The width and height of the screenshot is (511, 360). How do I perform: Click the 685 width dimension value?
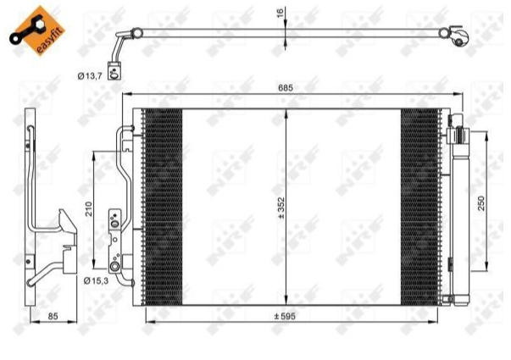[x=286, y=87]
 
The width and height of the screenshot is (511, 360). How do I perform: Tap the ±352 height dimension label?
[x=281, y=208]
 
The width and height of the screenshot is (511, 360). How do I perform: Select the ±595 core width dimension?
[x=285, y=316]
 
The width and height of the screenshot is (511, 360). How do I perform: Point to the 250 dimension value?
[x=481, y=203]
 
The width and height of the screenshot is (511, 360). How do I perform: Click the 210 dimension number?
[x=89, y=209]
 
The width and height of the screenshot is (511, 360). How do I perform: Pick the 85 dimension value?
[x=53, y=316]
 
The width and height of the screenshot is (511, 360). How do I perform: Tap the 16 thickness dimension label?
[x=280, y=14]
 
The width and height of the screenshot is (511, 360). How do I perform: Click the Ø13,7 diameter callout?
[x=90, y=76]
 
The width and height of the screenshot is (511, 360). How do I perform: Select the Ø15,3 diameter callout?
[x=96, y=280]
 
